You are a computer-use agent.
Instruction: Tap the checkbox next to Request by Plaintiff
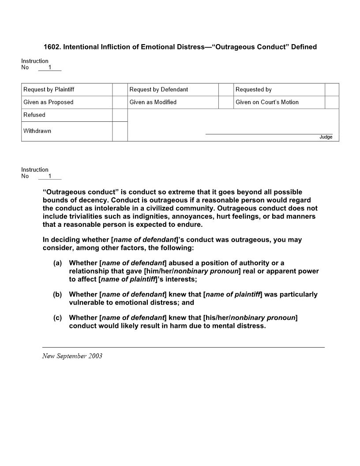click(x=120, y=90)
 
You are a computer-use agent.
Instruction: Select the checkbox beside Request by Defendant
click(x=226, y=90)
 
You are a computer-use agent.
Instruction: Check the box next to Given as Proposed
click(x=120, y=102)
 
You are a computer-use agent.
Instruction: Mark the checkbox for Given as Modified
click(x=226, y=102)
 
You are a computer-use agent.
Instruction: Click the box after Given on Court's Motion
click(x=332, y=102)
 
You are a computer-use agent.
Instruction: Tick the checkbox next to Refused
click(x=120, y=115)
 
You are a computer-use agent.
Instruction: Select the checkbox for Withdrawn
click(x=120, y=131)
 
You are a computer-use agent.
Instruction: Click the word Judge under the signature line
click(x=326, y=137)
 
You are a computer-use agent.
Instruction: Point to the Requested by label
click(x=253, y=90)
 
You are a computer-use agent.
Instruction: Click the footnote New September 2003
click(x=72, y=356)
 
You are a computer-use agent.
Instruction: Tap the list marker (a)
click(x=57, y=263)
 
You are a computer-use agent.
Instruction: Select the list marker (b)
click(x=57, y=294)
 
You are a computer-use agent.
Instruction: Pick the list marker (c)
click(x=57, y=318)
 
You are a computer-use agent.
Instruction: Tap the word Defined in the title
click(x=304, y=47)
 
